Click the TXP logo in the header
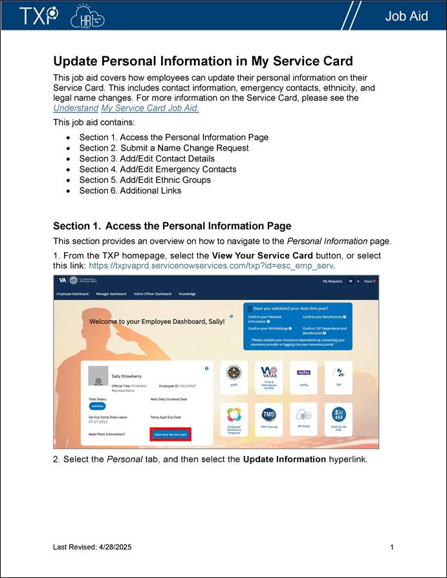(x=38, y=16)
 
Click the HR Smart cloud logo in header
(x=87, y=16)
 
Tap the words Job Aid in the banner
(x=406, y=16)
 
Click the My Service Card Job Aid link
(x=150, y=108)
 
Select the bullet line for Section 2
(x=164, y=148)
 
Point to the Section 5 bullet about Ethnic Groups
(x=145, y=180)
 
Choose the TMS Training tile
(x=268, y=418)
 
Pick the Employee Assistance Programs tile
(x=234, y=419)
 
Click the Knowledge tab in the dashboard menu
(x=187, y=294)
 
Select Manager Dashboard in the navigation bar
(x=111, y=294)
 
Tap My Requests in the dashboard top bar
(x=333, y=281)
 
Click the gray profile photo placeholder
(x=98, y=376)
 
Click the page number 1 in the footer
(x=392, y=548)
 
